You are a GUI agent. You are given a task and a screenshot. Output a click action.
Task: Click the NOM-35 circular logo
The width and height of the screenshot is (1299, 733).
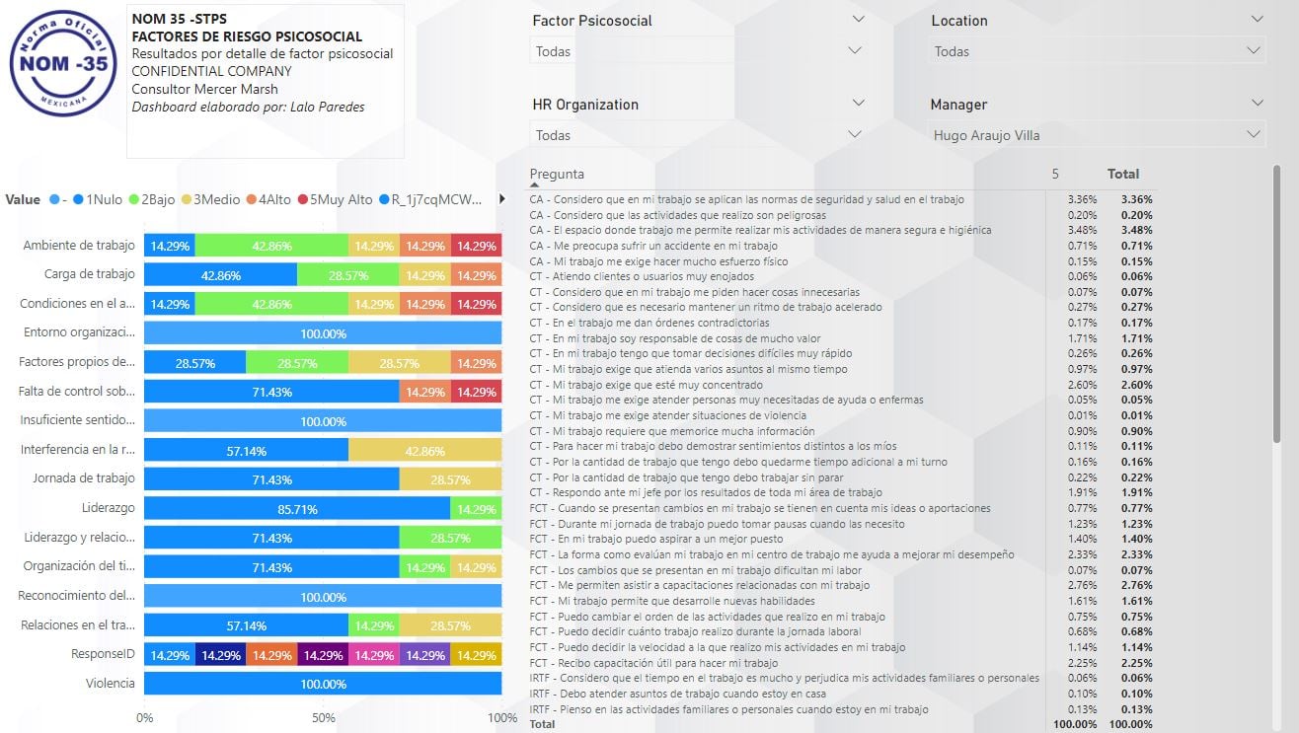[61, 61]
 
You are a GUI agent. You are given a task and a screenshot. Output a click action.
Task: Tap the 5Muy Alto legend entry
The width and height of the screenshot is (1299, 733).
[336, 199]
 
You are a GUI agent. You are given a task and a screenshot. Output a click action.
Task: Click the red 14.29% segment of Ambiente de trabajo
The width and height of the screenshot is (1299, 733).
[477, 247]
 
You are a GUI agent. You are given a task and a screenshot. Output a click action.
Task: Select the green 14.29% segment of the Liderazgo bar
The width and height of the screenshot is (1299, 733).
[477, 509]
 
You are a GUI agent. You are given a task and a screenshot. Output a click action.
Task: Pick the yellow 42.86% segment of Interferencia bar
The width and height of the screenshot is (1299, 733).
[425, 451]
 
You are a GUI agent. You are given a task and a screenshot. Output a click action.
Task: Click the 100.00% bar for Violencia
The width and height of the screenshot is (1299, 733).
[323, 684]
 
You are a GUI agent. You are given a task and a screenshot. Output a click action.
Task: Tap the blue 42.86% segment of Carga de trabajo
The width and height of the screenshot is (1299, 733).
[221, 275]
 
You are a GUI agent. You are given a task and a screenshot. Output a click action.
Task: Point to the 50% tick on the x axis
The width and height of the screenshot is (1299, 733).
[324, 717]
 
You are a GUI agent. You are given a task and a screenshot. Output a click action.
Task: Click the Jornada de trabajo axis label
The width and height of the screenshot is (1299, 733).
[83, 478]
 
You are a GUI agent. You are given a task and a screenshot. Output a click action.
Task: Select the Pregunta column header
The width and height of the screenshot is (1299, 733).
[557, 175]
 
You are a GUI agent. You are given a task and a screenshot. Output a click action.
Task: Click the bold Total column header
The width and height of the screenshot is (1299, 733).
[1123, 174]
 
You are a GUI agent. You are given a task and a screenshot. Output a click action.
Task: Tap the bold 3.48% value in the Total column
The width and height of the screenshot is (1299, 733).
[1136, 230]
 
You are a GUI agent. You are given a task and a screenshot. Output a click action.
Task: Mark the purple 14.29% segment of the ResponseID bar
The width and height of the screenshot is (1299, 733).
[323, 655]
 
